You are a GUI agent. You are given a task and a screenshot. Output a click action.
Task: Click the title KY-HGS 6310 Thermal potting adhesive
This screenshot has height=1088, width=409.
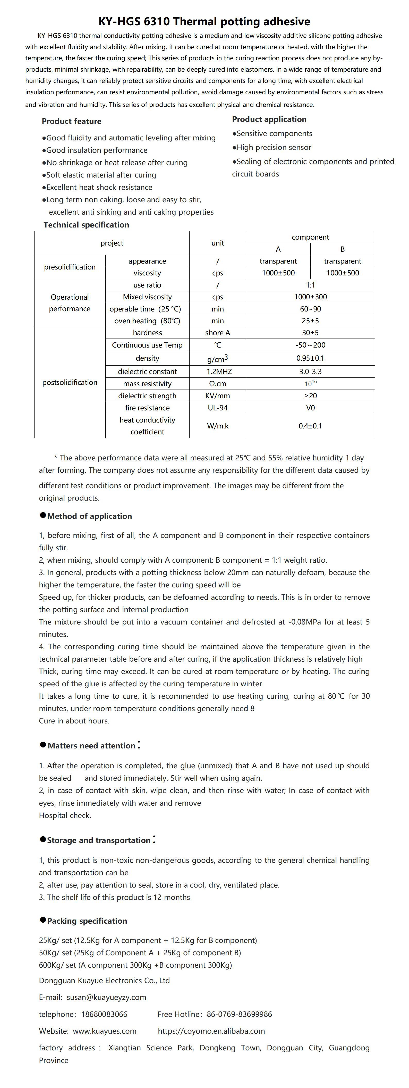[204, 22]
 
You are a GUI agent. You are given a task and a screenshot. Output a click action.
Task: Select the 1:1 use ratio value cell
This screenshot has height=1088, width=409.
[310, 285]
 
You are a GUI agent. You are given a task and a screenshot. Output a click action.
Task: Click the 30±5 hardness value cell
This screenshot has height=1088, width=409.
[310, 333]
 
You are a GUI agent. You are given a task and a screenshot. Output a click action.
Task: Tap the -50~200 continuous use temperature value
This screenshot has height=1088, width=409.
[310, 345]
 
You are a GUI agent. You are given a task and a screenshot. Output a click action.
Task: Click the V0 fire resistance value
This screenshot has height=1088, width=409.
[310, 408]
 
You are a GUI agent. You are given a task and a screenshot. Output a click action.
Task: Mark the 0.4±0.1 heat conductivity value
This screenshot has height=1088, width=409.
[310, 426]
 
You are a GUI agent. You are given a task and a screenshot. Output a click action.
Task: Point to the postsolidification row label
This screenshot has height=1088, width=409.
[70, 382]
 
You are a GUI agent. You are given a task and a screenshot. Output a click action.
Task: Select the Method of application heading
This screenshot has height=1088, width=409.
[89, 516]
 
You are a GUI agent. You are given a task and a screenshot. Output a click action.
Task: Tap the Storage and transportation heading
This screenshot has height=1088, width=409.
[98, 840]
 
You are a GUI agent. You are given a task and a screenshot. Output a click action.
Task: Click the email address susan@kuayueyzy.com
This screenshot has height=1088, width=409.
[106, 997]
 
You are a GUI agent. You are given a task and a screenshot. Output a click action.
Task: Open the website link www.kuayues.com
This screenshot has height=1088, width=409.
[105, 1031]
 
